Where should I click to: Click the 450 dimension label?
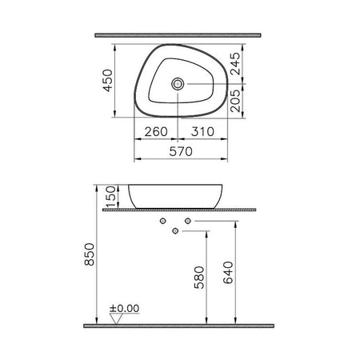click(108, 81)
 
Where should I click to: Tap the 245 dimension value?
click(235, 64)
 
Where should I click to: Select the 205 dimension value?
click(235, 101)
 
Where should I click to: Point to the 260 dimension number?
click(156, 131)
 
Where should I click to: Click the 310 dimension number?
click(202, 131)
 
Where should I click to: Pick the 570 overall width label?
click(181, 151)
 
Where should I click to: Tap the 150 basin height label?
click(111, 197)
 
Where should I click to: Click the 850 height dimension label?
click(90, 254)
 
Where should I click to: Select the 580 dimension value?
click(199, 278)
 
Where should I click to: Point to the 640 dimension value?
click(228, 273)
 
